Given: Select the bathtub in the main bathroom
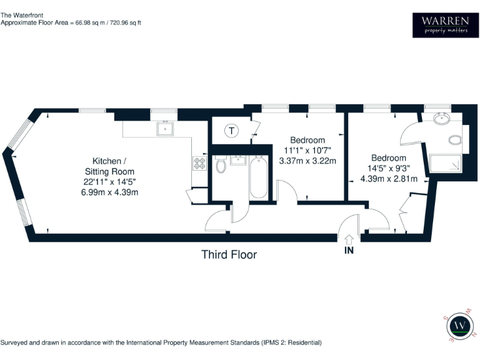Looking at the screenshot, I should pyautogui.click(x=259, y=177).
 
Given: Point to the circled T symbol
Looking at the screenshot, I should pyautogui.click(x=232, y=131).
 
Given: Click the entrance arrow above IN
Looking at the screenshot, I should pyautogui.click(x=349, y=238).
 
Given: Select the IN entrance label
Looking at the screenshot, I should pyautogui.click(x=349, y=251).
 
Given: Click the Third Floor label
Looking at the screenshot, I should pyautogui.click(x=229, y=254).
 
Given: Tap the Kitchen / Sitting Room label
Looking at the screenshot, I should pyautogui.click(x=109, y=166).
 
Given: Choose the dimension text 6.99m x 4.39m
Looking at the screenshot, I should pyautogui.click(x=109, y=192).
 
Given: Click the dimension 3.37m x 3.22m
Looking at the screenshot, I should pyautogui.click(x=307, y=161).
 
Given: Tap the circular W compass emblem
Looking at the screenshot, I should pyautogui.click(x=462, y=325).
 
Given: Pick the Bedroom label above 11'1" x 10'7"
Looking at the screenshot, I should pyautogui.click(x=307, y=140).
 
